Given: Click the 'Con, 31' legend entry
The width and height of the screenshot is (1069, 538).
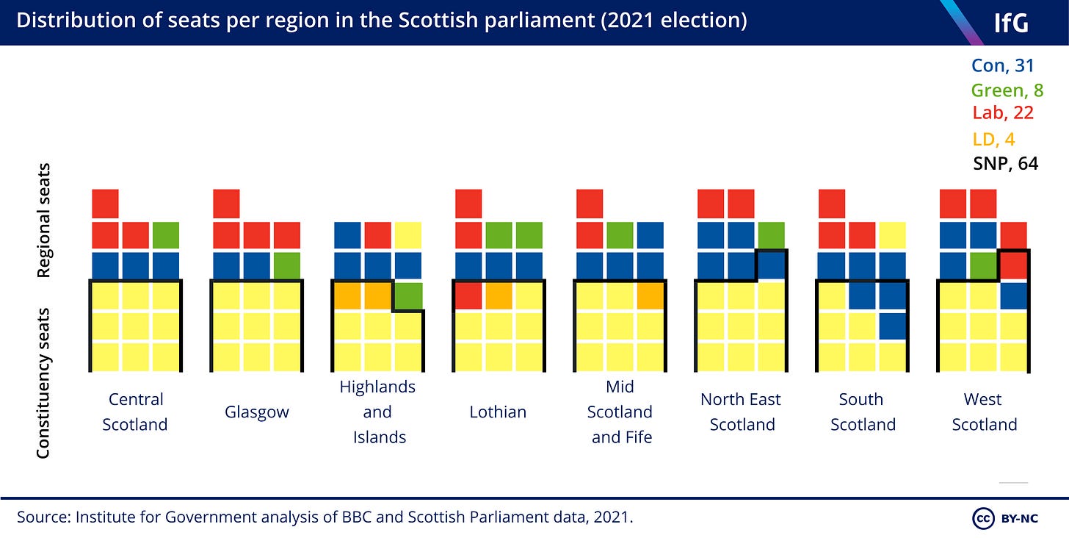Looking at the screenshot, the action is click(x=1003, y=65).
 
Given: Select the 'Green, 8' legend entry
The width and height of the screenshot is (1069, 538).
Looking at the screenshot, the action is click(x=1007, y=90).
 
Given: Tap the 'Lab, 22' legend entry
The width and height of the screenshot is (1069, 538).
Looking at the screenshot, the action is click(x=1003, y=112).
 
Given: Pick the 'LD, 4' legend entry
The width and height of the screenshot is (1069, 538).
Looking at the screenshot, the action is click(x=993, y=139).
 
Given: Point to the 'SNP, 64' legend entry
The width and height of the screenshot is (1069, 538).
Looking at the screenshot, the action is click(x=1006, y=163).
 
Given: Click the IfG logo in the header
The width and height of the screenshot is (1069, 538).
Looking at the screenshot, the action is click(x=1011, y=23).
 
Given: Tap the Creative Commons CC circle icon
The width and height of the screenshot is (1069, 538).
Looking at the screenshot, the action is click(x=983, y=518).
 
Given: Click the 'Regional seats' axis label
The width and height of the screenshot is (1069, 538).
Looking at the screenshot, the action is click(x=43, y=220).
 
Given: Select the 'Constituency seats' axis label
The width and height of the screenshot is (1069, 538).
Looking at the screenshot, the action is click(x=43, y=383).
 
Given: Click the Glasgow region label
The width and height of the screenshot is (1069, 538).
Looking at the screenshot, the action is click(x=257, y=412).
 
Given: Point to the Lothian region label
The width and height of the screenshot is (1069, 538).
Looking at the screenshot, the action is click(x=498, y=412).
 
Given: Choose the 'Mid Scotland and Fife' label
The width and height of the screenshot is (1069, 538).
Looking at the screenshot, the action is click(x=620, y=412).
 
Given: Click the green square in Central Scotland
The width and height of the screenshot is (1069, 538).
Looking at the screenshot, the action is click(x=166, y=235).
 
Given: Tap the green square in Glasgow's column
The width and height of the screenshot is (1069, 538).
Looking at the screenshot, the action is click(x=287, y=265).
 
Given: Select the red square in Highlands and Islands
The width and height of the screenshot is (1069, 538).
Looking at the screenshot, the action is click(x=378, y=235).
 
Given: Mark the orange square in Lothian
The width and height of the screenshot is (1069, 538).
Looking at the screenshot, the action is click(x=499, y=295).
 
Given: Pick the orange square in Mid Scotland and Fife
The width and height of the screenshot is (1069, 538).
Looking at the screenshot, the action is click(x=651, y=295).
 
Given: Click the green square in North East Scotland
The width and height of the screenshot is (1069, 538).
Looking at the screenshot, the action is click(x=772, y=235).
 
